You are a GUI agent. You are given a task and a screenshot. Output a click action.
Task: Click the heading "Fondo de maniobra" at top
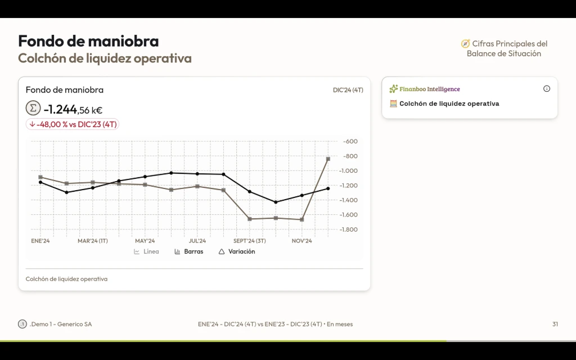(x=88, y=41)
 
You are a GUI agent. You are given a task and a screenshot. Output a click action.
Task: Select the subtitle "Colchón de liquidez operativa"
(x=105, y=58)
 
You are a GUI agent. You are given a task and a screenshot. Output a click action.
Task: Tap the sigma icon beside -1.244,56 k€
(x=33, y=108)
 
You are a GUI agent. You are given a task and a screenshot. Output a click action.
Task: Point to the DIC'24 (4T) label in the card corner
(x=348, y=90)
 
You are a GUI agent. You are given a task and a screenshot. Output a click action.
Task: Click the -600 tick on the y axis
(x=350, y=141)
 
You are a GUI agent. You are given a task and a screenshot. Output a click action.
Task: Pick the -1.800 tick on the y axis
(x=349, y=229)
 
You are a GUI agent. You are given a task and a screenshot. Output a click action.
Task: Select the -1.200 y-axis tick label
(x=349, y=186)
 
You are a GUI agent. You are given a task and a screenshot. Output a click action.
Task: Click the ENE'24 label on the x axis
(x=40, y=241)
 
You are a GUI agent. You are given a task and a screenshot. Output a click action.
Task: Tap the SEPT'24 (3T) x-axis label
(x=250, y=241)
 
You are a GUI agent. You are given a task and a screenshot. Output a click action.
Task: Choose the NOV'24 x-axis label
(x=301, y=241)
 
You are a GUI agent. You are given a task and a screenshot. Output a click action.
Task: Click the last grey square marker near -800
(x=328, y=159)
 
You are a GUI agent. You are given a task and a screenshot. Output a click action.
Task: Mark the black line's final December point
(x=328, y=188)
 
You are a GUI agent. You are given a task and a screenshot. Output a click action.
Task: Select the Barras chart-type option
(x=189, y=251)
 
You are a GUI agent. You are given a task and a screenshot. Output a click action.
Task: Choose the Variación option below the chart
(x=237, y=251)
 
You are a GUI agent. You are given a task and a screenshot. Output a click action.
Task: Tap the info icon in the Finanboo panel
(x=547, y=89)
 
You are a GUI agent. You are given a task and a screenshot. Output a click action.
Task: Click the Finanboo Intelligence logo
(x=425, y=89)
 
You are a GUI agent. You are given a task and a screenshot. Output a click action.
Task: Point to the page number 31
(x=555, y=324)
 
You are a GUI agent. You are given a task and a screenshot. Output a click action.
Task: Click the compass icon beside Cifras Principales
(x=465, y=44)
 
